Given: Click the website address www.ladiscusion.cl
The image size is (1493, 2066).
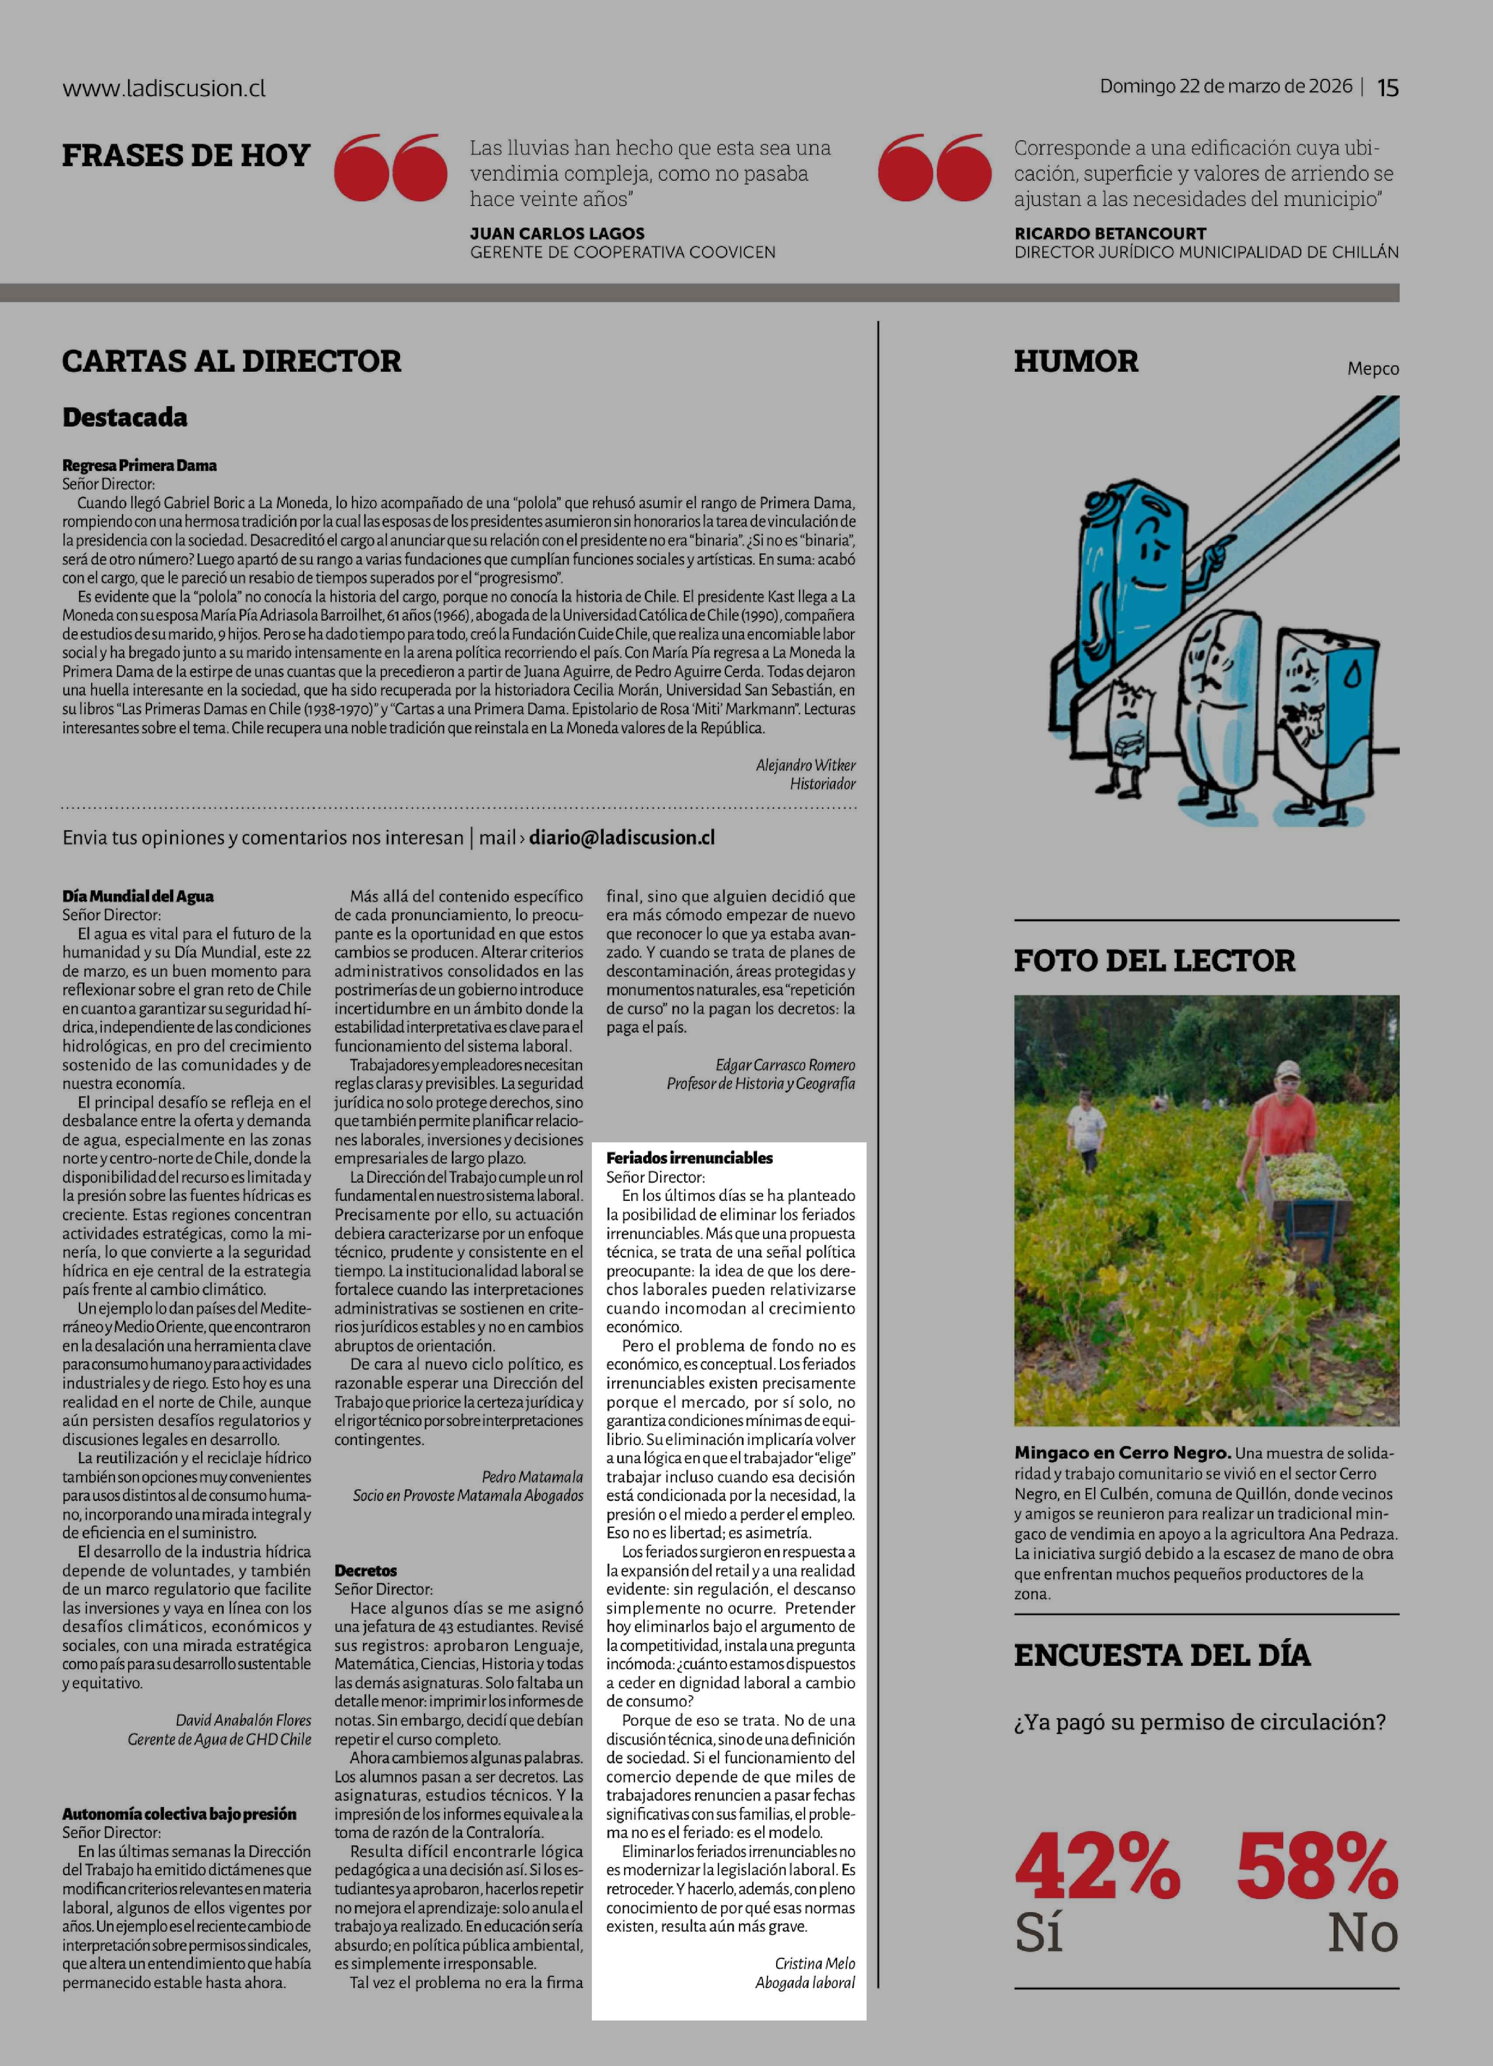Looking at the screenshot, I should click(x=164, y=88).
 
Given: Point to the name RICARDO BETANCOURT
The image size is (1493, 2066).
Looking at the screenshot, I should click(x=1109, y=233).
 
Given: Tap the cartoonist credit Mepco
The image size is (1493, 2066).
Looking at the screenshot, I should click(x=1373, y=368).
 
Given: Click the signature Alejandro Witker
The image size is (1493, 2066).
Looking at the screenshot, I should click(x=805, y=765).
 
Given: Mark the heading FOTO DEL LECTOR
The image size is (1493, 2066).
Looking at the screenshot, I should click(x=1154, y=960).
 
